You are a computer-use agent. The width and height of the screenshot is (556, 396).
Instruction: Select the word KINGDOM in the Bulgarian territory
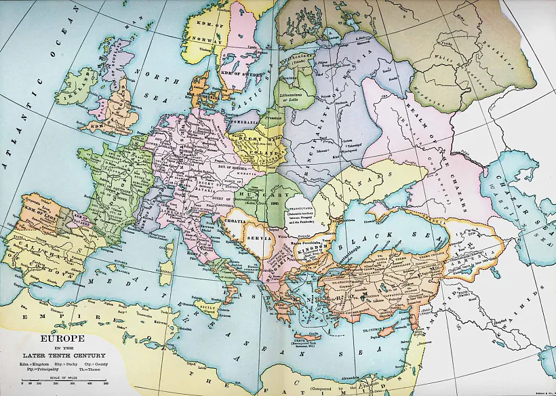pos(313,252)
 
